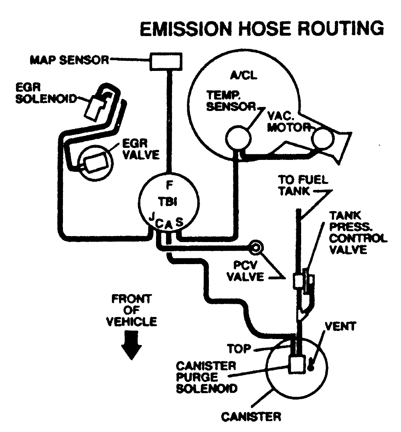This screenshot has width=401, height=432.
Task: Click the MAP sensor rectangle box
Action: click(x=166, y=61)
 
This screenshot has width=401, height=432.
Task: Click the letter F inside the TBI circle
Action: click(x=169, y=185)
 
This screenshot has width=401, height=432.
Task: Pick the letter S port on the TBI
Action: click(x=179, y=222)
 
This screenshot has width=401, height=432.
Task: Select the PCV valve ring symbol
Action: click(x=255, y=247)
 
